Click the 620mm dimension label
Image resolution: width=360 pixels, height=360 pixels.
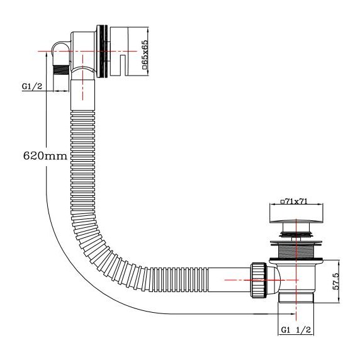tap(44, 155)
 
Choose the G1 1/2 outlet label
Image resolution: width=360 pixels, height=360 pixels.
tap(295, 330)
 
